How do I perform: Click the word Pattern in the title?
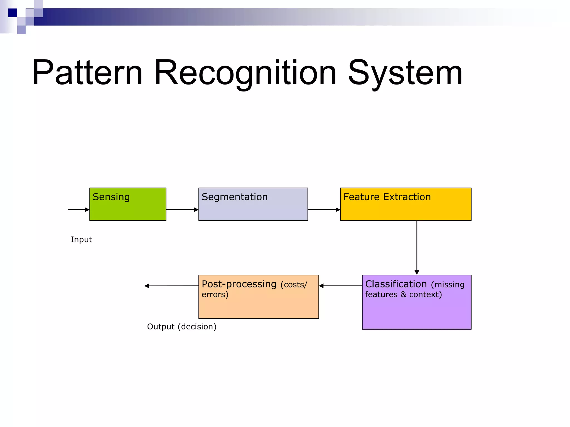point(87,73)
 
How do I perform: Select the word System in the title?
point(405,73)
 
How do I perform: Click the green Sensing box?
point(128,208)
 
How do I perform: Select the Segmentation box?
point(253,208)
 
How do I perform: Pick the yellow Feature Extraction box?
point(406,208)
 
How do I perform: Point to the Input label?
point(81,239)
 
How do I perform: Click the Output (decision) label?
point(181,327)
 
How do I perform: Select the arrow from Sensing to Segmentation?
point(182,210)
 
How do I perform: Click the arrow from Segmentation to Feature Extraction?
point(324,210)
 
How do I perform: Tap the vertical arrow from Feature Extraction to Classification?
point(417,247)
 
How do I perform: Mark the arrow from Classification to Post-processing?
point(340,286)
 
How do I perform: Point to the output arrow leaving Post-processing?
point(171,286)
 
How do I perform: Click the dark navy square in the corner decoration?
point(13,13)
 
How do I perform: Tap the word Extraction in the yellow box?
point(407,197)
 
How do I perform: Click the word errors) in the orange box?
point(215,294)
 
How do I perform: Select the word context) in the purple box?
point(425,294)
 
